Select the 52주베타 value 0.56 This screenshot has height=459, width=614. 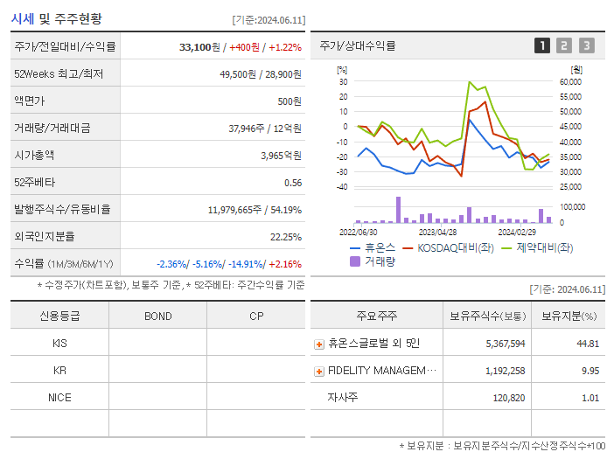(x=292, y=182)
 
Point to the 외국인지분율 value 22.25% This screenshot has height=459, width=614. (x=286, y=236)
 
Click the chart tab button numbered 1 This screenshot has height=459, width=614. (x=542, y=45)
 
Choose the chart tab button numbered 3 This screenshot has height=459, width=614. (x=586, y=45)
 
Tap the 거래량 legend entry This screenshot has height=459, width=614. (x=373, y=261)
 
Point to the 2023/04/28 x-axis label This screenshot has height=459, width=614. (x=437, y=232)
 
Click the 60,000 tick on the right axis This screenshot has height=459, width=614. (x=570, y=81)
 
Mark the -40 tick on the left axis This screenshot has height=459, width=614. (x=342, y=187)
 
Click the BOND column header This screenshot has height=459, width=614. (x=157, y=316)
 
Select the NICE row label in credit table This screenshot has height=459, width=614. (x=59, y=397)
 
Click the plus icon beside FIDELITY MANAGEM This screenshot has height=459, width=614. (x=319, y=371)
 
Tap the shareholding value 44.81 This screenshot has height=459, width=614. (x=588, y=344)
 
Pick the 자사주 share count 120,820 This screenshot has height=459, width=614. (x=507, y=398)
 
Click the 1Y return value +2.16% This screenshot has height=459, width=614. (x=285, y=263)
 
